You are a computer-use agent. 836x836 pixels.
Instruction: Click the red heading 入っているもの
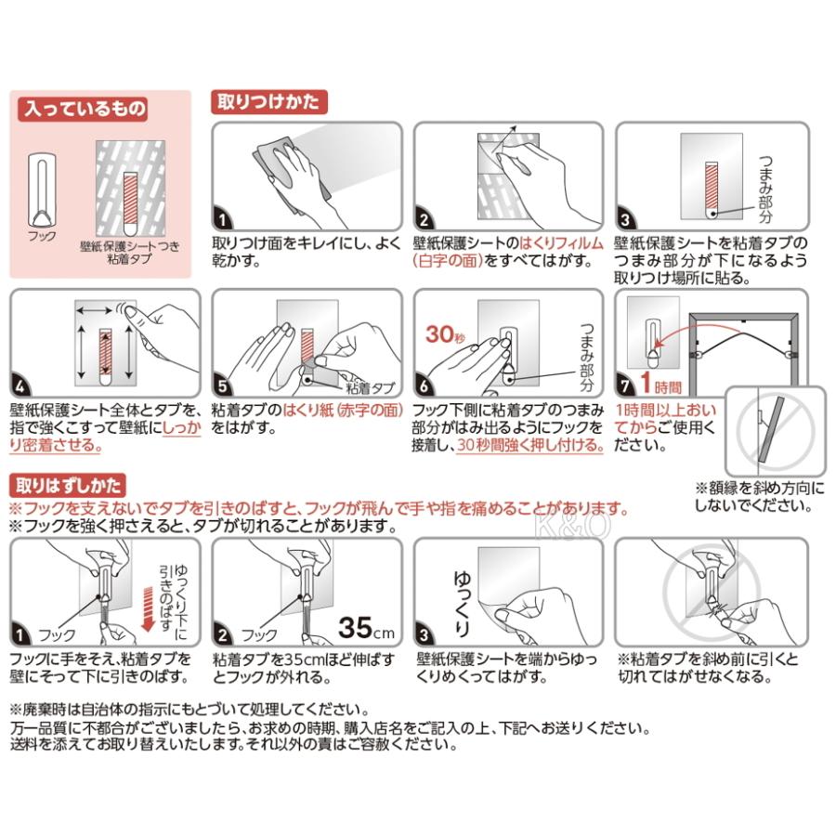point(83,109)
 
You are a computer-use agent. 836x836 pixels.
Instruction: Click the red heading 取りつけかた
point(268,101)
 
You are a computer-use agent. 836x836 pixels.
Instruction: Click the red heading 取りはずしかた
point(68,485)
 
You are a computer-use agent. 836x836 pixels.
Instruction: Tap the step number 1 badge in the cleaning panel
point(223,218)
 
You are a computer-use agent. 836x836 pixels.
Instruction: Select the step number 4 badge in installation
point(20,385)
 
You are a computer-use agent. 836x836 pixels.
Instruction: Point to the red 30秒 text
point(445,333)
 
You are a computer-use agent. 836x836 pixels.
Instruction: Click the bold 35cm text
point(366,627)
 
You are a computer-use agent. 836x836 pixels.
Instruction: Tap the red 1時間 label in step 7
point(661,383)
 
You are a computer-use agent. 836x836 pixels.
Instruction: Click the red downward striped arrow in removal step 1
point(149,608)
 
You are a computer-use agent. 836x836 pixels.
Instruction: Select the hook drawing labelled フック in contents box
point(42,189)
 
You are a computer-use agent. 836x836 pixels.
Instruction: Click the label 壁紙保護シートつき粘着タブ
point(129,252)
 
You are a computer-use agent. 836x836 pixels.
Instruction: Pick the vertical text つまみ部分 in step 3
point(765,189)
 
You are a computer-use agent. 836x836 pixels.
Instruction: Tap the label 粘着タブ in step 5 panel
point(371,387)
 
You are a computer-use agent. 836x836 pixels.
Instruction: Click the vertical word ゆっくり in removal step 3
point(462,603)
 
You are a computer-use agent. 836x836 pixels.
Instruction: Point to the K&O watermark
point(573,525)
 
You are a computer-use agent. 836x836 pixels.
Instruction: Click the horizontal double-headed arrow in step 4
point(94,310)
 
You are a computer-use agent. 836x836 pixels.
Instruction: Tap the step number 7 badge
point(625,385)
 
